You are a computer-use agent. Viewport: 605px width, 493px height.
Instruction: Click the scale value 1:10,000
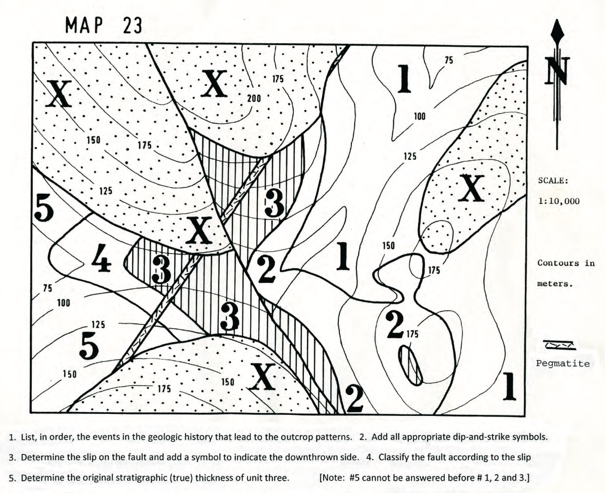pyautogui.click(x=559, y=202)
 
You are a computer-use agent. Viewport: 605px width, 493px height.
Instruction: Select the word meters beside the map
pyautogui.click(x=553, y=284)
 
